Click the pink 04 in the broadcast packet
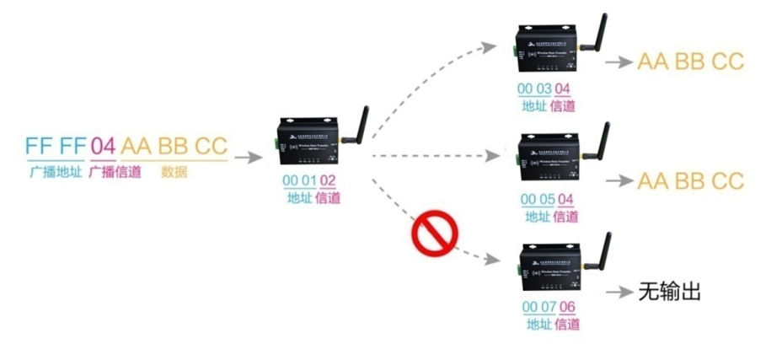102,146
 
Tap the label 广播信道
115,172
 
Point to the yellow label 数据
174,172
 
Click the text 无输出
670,292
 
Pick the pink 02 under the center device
327,180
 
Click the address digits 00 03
533,89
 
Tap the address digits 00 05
537,200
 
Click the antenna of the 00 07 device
603,248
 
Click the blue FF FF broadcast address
56,146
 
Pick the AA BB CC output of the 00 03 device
690,62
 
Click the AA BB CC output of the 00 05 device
690,180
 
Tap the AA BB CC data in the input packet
174,146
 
